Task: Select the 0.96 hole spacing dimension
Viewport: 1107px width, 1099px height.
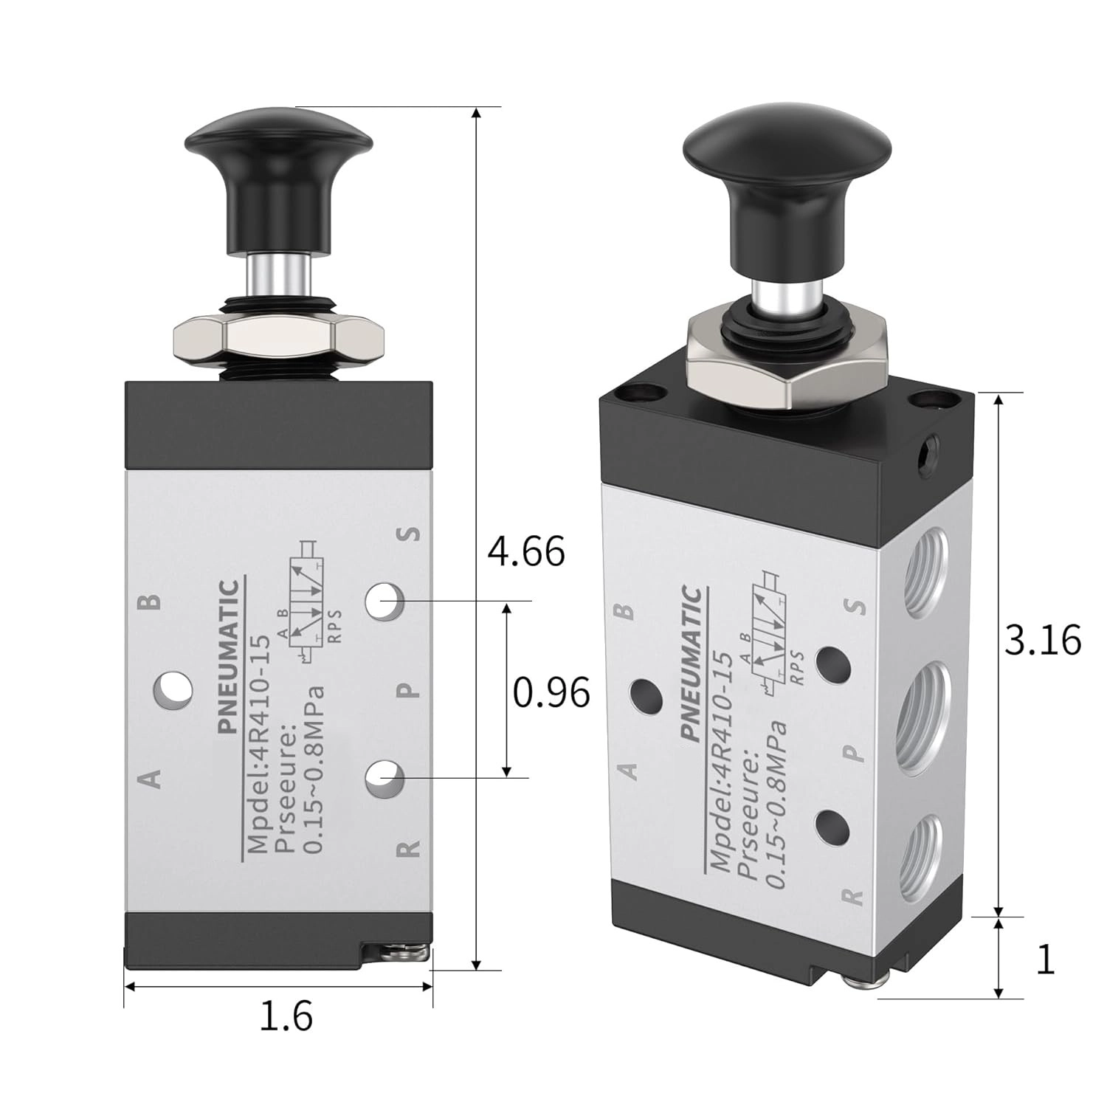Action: coord(552,692)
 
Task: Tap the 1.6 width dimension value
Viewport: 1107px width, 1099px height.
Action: coord(286,1016)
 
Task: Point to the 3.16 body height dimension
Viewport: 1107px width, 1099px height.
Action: coord(1043,640)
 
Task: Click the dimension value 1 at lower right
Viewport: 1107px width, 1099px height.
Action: coord(1045,959)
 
